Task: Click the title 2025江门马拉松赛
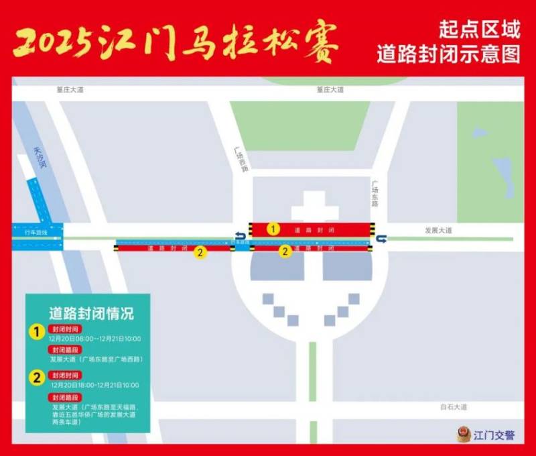(176, 44)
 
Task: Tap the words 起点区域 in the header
(480, 30)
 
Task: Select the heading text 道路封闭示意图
(448, 54)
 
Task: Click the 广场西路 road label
(241, 160)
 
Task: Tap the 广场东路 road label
(376, 193)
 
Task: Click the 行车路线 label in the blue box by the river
(36, 232)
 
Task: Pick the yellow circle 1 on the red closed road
(273, 229)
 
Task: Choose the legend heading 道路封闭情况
(91, 313)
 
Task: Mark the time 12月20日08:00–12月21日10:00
(95, 338)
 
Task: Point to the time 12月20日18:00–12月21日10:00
(95, 385)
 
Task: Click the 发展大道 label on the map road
(438, 230)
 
